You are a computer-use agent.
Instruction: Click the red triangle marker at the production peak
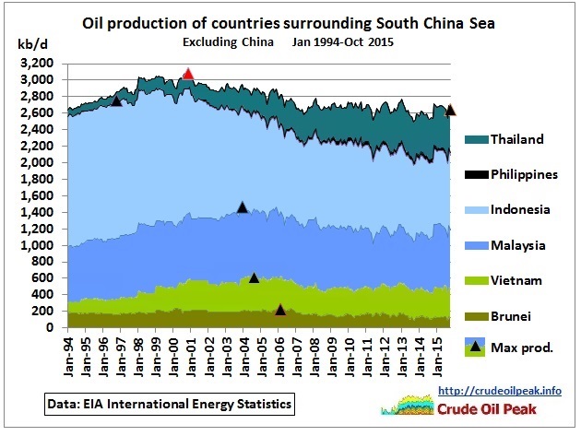click(x=188, y=75)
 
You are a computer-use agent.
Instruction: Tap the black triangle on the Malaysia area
click(x=242, y=207)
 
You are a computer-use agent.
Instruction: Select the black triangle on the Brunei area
click(x=280, y=310)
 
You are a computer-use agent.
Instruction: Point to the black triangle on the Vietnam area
click(x=254, y=277)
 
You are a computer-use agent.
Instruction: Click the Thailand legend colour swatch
click(x=477, y=140)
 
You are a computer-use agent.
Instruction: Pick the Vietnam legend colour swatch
click(x=477, y=279)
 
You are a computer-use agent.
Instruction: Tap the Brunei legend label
click(x=512, y=314)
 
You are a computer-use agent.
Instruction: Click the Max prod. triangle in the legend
click(x=477, y=348)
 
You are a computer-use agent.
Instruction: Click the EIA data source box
click(x=170, y=404)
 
